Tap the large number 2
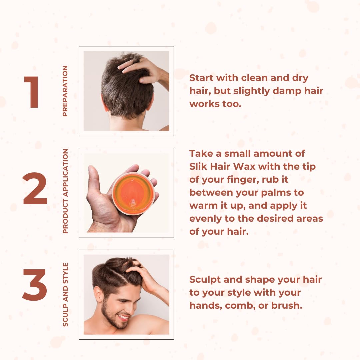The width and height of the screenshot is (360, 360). pos(35,189)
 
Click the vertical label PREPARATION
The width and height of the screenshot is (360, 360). pos(65,91)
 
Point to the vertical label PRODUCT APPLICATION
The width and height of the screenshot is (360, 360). pos(65,191)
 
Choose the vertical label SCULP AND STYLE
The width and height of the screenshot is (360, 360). pos(65,294)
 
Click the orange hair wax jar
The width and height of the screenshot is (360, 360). pos(133,194)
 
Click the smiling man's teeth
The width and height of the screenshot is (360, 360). pos(124,317)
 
